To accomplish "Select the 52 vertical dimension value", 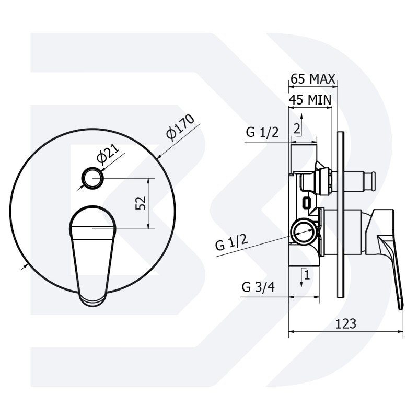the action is [x=141, y=203].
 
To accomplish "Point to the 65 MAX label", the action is [x=312, y=79].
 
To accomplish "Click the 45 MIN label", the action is [x=310, y=100].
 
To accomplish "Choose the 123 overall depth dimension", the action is [x=345, y=323].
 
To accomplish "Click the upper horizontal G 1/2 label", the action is [x=262, y=132].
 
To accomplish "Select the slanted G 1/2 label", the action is [x=231, y=242].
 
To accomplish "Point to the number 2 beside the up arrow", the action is [x=297, y=129].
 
